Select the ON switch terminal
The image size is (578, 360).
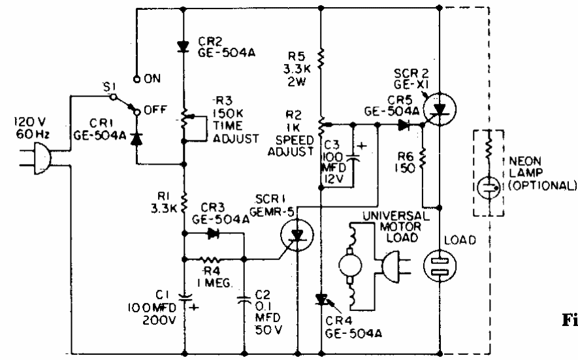click(x=136, y=78)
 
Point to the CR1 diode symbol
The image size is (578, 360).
click(x=136, y=138)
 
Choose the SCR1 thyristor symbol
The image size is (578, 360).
click(x=298, y=235)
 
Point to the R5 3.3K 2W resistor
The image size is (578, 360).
click(x=321, y=62)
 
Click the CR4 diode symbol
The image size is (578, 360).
click(x=321, y=299)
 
